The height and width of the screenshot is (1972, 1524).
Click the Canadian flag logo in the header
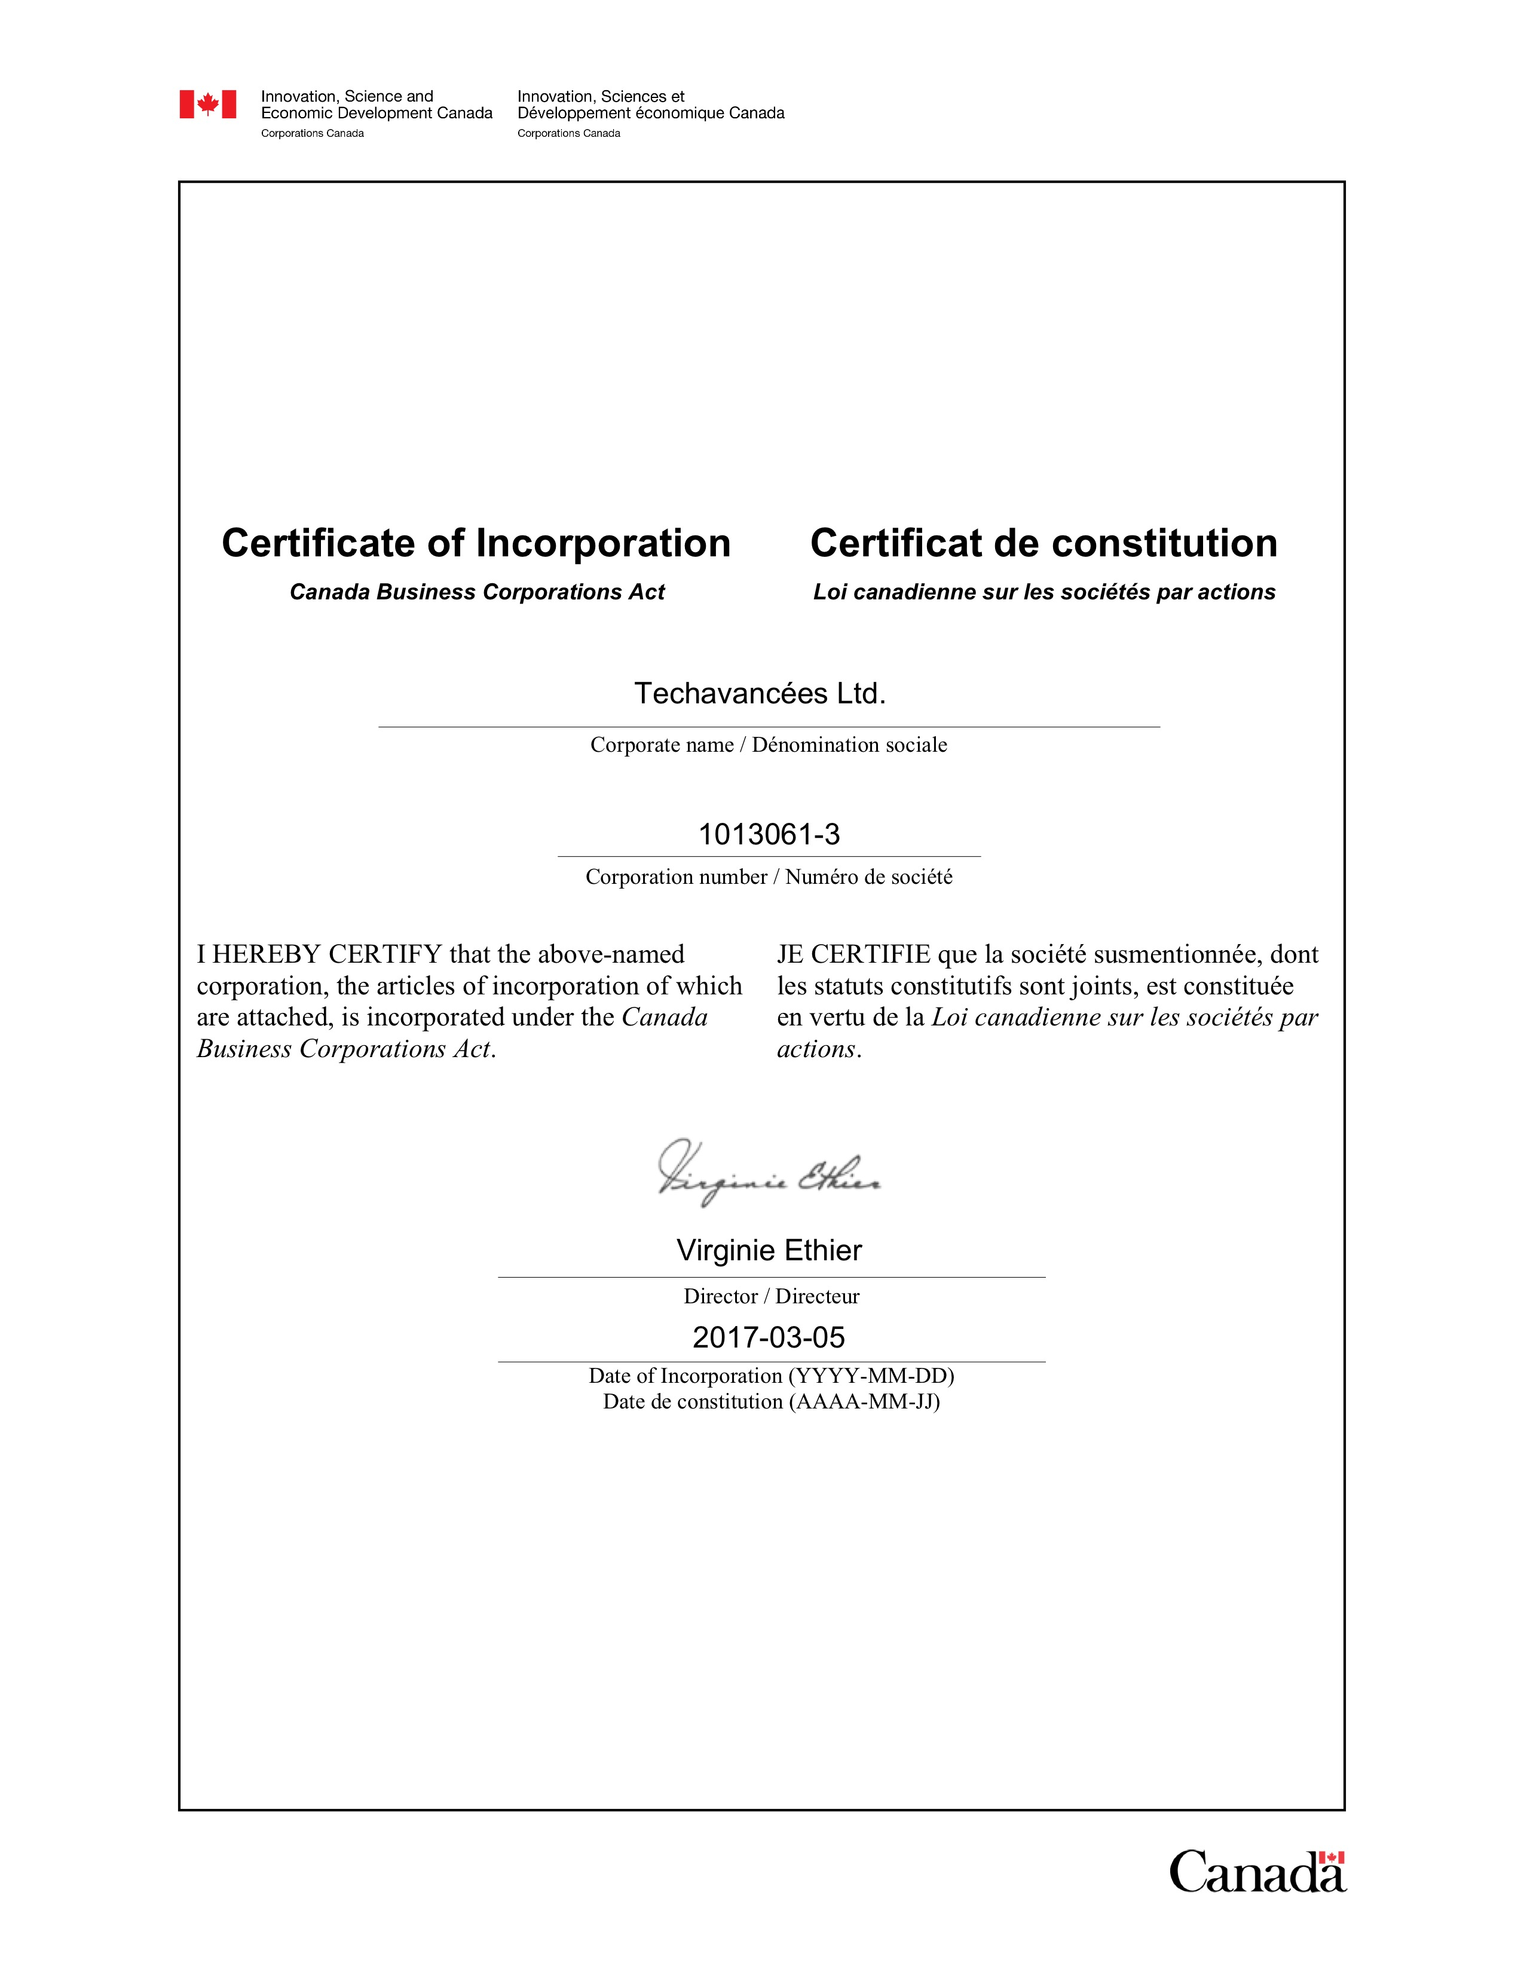click(207, 105)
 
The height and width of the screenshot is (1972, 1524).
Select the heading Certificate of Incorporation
click(476, 544)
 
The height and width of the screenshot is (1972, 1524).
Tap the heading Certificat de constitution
click(1043, 544)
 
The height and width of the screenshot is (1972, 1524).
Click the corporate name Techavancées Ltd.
click(759, 693)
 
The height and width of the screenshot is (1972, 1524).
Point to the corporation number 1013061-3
click(769, 834)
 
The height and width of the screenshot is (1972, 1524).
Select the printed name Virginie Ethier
click(769, 1251)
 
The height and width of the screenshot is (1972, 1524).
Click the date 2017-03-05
click(769, 1337)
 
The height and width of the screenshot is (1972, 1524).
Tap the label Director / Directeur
click(771, 1297)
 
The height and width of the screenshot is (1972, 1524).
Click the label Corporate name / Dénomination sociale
click(769, 745)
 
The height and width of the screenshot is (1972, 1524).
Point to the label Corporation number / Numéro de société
click(769, 877)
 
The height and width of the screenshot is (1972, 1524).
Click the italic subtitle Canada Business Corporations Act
click(477, 592)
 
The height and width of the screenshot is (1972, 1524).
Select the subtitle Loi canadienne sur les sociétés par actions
click(1043, 592)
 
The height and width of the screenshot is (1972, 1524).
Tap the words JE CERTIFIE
click(853, 954)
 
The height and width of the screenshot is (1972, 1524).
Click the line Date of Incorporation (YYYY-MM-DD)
click(771, 1376)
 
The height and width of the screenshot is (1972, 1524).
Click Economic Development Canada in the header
click(377, 113)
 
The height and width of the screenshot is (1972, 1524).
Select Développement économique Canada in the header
click(650, 113)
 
